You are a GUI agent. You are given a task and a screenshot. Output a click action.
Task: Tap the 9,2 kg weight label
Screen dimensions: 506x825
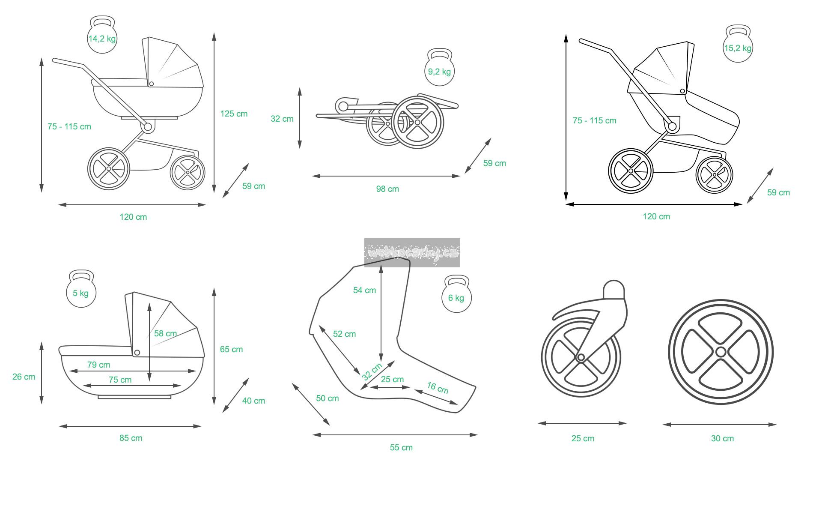[x=439, y=72]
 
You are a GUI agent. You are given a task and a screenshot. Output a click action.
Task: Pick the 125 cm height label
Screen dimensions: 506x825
[x=234, y=114]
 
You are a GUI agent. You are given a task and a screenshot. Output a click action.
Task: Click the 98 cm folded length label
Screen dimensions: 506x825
[x=387, y=189]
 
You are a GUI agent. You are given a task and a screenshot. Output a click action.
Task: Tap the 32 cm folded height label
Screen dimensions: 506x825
[x=282, y=119]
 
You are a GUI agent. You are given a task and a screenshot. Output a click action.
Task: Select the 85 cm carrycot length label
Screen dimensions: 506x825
[x=131, y=438]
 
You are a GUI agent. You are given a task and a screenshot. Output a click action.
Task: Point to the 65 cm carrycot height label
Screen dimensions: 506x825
[x=231, y=349]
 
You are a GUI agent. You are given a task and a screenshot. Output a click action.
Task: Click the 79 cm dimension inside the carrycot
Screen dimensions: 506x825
[x=98, y=365]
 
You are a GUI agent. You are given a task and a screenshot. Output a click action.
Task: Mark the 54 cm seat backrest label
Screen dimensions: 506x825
[x=364, y=290]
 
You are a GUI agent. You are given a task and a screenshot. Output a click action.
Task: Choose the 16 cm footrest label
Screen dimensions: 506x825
[x=438, y=388]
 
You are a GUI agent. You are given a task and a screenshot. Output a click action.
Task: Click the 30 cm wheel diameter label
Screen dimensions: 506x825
[x=722, y=438]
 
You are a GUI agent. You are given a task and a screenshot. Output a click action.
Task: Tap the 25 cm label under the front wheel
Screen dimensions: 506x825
[x=583, y=438]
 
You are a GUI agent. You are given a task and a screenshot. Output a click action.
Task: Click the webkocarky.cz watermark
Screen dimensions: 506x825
[x=412, y=252]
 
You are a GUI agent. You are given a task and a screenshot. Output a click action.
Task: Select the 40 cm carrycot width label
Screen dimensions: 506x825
[x=253, y=401]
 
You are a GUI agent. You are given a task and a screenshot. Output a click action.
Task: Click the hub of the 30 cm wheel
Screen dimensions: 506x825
[x=721, y=352]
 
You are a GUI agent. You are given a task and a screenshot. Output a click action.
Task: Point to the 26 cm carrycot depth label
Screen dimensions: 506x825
[x=24, y=377]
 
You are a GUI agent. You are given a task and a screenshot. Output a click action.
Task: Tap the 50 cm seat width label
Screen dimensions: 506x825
[x=327, y=398]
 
